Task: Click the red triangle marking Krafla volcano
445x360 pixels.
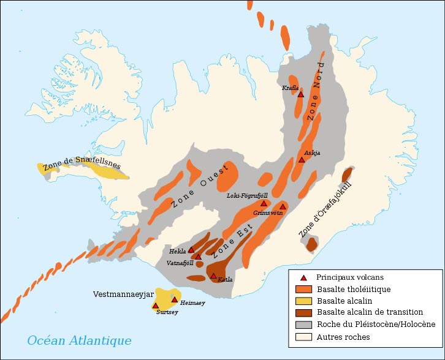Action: [x=300, y=94]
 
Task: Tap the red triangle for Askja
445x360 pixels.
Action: [x=302, y=160]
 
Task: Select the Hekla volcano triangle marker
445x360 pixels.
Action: [x=191, y=250]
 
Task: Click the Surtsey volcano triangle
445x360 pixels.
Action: [x=156, y=306]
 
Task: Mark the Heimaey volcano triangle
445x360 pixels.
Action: [x=175, y=299]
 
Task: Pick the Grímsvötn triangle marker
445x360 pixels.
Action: [x=283, y=207]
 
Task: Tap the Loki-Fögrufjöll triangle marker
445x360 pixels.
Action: [x=264, y=203]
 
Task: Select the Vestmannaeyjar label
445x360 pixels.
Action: [x=123, y=294]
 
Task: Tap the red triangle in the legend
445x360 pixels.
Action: [x=303, y=277]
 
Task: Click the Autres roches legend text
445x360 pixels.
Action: [x=343, y=337]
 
